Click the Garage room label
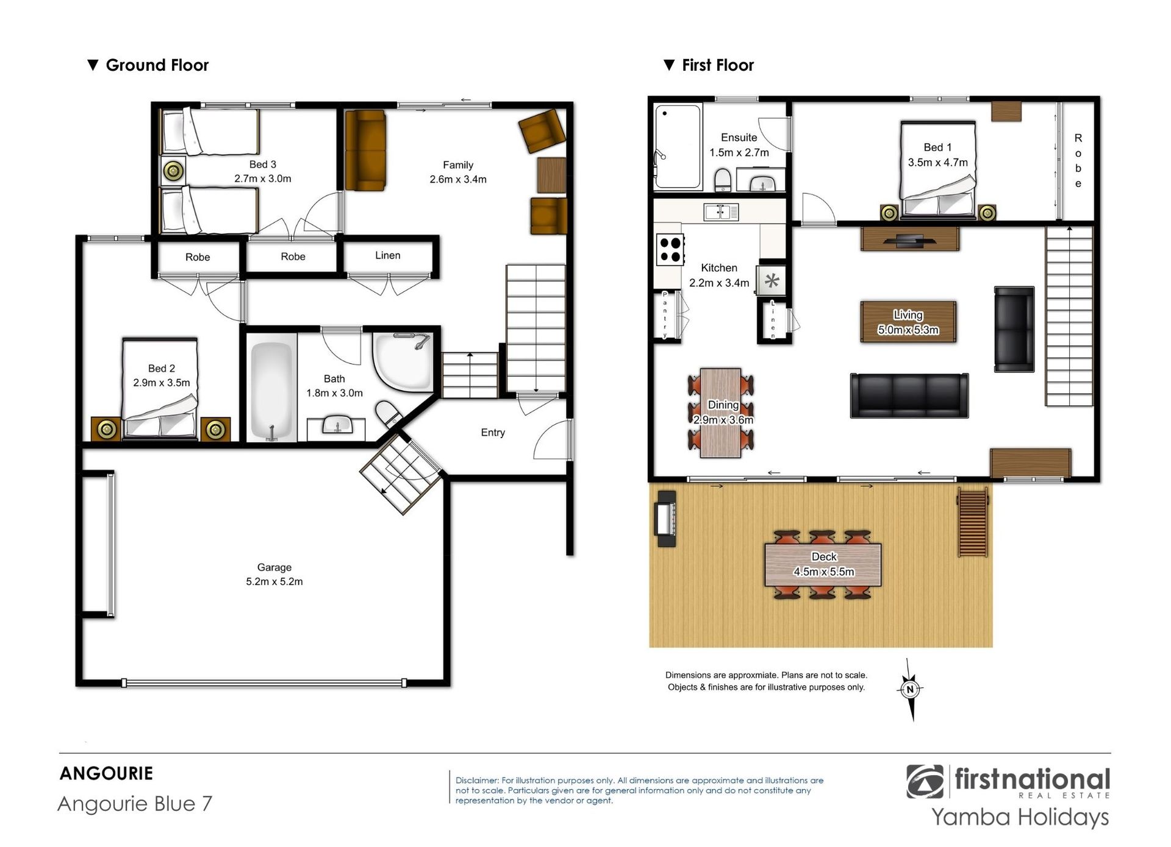(x=274, y=567)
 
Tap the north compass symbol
(x=910, y=690)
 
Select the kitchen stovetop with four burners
(x=670, y=249)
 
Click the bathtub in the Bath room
(x=271, y=390)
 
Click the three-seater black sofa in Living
(x=909, y=395)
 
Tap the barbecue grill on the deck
(x=665, y=519)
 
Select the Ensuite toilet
(x=723, y=180)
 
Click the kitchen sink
(x=721, y=211)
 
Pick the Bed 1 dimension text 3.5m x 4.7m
(x=937, y=163)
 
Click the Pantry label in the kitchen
(x=665, y=314)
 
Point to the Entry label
(x=493, y=433)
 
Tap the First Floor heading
(x=718, y=65)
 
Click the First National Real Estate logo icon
(x=925, y=782)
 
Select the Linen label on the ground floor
(x=388, y=255)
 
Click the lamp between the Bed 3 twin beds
(x=173, y=171)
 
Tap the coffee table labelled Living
(x=908, y=322)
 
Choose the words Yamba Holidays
(x=1020, y=817)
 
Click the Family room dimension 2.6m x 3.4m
(x=458, y=179)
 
